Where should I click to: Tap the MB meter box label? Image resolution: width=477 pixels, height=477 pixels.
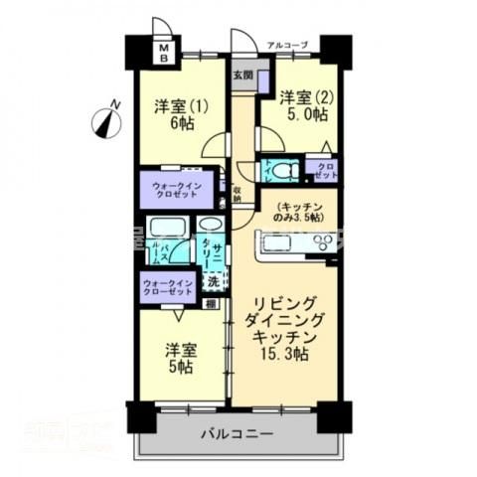point(166,51)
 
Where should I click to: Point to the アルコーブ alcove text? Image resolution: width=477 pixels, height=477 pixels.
point(288,45)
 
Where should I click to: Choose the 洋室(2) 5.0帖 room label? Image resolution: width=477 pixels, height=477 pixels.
point(302,106)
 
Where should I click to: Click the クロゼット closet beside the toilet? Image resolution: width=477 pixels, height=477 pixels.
point(326,169)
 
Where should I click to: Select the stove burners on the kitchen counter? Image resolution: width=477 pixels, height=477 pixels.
point(322,243)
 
